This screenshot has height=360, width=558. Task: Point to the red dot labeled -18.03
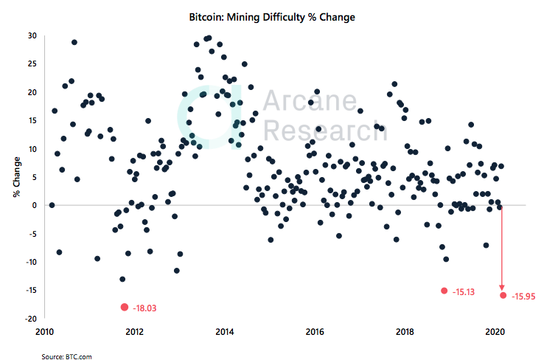pos(124,307)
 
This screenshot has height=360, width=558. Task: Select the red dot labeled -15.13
pos(444,291)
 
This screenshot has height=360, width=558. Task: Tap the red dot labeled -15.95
pos(503,295)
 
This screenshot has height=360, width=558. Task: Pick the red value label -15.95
pos(526,296)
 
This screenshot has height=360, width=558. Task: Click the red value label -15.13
pos(464,292)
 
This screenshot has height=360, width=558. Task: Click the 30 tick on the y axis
pos(32,35)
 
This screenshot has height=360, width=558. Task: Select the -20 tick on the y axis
pos(30,319)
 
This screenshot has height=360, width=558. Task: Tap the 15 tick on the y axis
pos(32,120)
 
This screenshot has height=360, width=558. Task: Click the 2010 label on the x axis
pos(44,331)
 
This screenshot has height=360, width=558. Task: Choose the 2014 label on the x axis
pos(225,331)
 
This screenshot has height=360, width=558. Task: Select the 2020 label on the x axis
pos(495,331)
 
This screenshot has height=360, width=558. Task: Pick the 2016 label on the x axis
pos(315,331)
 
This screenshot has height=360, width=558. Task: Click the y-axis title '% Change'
pos(15,177)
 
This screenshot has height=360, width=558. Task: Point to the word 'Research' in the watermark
pos(321,131)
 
